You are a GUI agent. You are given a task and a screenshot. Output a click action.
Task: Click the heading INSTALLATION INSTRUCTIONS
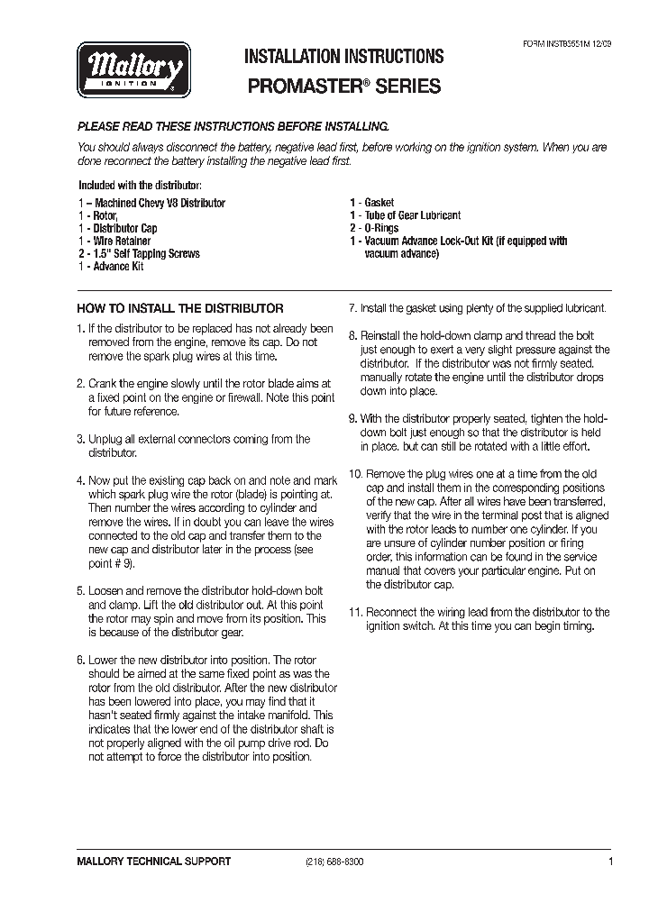point(344,57)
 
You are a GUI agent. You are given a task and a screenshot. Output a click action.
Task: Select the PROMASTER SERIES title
point(344,87)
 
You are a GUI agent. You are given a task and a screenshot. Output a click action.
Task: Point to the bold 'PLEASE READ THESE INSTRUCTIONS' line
point(233,127)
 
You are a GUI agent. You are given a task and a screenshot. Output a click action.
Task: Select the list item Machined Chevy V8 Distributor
point(151,204)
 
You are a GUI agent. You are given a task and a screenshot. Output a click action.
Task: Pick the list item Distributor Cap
point(117,229)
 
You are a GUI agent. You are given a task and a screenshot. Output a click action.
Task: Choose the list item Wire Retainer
point(114,242)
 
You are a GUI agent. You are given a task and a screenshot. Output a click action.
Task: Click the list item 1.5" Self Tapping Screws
point(139,254)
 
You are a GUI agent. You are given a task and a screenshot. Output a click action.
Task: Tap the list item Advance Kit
point(111,267)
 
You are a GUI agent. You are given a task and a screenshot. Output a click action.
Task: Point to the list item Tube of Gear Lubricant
point(405,216)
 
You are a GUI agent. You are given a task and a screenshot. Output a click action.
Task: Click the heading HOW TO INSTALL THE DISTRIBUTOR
point(180,308)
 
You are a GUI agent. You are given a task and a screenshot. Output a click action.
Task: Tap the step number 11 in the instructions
point(355,612)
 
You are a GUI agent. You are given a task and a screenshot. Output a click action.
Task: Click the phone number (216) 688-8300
point(329,862)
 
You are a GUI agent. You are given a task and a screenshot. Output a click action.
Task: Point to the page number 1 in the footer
point(610,862)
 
